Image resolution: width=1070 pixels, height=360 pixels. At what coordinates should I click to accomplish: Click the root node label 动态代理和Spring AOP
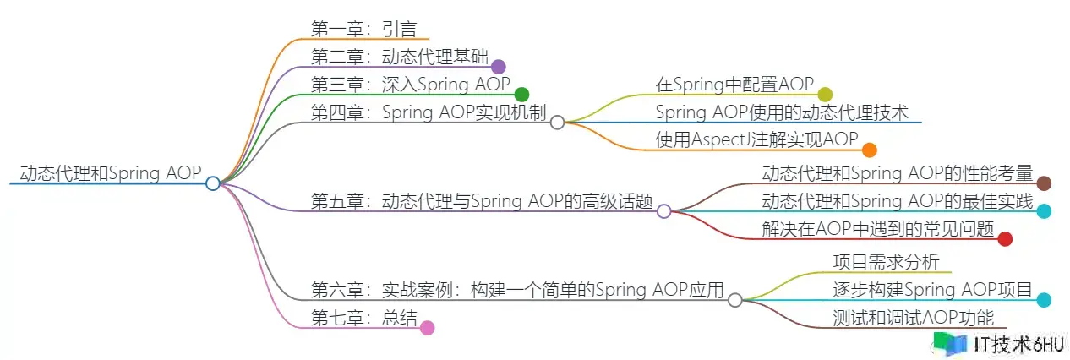click(110, 173)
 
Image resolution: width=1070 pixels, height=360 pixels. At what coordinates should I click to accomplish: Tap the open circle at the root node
click(213, 183)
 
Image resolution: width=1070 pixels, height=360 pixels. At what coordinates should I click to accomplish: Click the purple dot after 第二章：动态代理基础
click(499, 67)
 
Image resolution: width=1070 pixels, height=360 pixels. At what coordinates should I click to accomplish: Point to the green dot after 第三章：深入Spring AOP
click(521, 95)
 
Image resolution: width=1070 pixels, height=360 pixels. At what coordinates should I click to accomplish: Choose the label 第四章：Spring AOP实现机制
click(429, 112)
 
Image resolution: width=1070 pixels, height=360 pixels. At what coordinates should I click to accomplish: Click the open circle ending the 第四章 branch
click(557, 123)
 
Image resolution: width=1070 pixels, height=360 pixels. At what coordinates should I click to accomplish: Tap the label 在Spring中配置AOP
click(734, 85)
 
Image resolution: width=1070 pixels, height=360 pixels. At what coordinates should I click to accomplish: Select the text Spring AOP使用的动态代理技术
click(782, 112)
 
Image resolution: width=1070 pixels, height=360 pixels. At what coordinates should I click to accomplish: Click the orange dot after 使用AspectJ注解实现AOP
click(870, 150)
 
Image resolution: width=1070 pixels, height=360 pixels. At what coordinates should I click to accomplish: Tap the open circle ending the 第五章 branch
click(664, 211)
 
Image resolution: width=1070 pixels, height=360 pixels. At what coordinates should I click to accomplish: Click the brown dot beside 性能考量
click(1044, 183)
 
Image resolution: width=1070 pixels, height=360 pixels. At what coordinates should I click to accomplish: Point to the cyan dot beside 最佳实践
click(1045, 211)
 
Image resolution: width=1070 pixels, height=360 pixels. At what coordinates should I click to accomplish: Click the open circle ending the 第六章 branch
click(735, 300)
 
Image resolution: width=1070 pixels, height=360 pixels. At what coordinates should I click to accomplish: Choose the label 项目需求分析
click(886, 262)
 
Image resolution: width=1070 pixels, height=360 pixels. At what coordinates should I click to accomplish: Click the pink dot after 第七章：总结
click(428, 328)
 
